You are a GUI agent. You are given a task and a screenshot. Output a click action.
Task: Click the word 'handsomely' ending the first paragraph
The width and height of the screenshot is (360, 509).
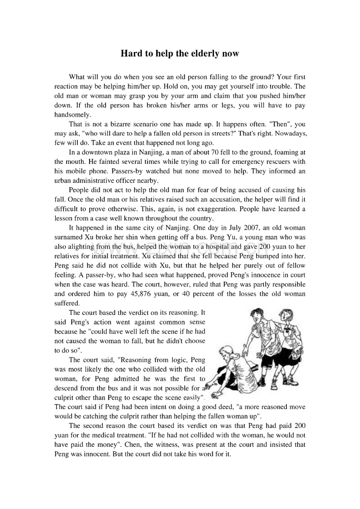point(72,115)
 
